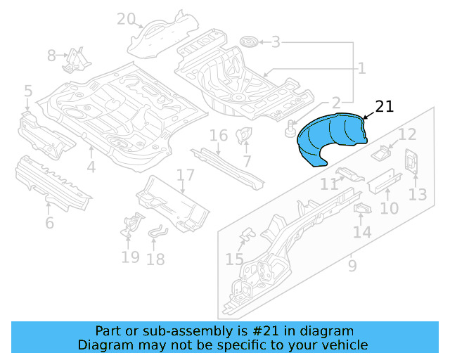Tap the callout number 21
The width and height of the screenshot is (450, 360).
pyautogui.click(x=385, y=107)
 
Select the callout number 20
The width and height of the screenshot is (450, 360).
pyautogui.click(x=126, y=19)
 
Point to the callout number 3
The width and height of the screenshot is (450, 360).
pyautogui.click(x=276, y=42)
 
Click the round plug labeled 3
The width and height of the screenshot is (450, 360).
pyautogui.click(x=247, y=42)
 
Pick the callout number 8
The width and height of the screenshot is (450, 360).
pyautogui.click(x=52, y=56)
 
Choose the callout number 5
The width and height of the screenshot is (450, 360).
pyautogui.click(x=28, y=91)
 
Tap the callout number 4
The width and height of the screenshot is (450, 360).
pyautogui.click(x=91, y=167)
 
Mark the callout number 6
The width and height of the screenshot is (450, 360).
pyautogui.click(x=49, y=224)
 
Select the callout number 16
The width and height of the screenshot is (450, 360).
pyautogui.click(x=219, y=135)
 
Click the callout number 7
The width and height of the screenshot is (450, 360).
pyautogui.click(x=247, y=162)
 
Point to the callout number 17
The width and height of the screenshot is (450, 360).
pyautogui.click(x=185, y=175)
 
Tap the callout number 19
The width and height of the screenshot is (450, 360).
pyautogui.click(x=130, y=257)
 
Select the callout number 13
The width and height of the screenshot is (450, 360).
pyautogui.click(x=418, y=194)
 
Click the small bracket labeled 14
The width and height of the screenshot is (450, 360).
pyautogui.click(x=362, y=209)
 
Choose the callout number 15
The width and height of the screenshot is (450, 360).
pyautogui.click(x=234, y=260)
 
